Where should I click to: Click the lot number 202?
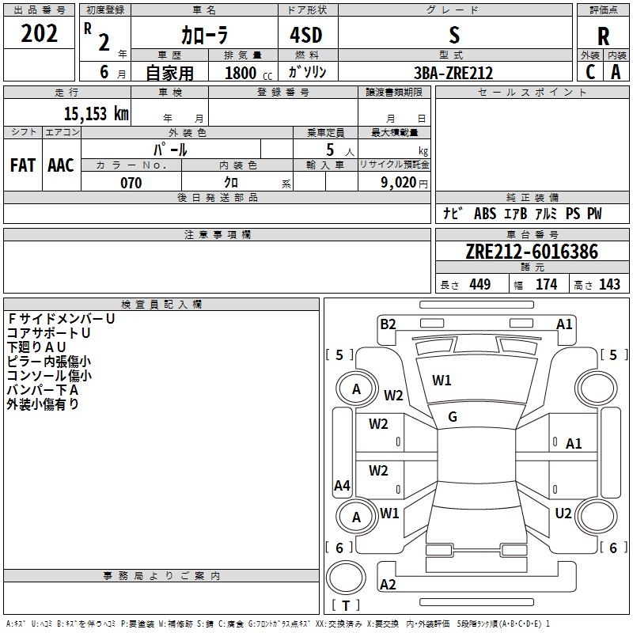pos(39,33)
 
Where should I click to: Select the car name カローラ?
pos(204,35)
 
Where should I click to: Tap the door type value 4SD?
pos(306,35)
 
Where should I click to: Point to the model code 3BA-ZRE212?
pos(453,73)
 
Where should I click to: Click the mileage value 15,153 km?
pos(97,113)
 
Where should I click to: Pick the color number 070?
pos(131,183)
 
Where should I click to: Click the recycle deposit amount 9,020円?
pos(404,183)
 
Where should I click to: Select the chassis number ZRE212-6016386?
pos(532,252)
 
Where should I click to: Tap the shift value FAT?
pos(23,165)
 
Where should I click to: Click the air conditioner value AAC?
pos(61,165)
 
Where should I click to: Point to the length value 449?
pos(480,284)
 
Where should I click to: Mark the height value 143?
pos(609,284)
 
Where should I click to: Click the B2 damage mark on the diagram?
pos(388,324)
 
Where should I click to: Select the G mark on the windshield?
pos(453,417)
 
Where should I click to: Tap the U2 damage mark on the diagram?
pos(563,514)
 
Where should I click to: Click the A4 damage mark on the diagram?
pos(342,486)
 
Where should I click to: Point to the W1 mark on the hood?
pos(442,381)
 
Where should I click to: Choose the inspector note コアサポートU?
pos(48,333)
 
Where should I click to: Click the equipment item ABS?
pos(485,214)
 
